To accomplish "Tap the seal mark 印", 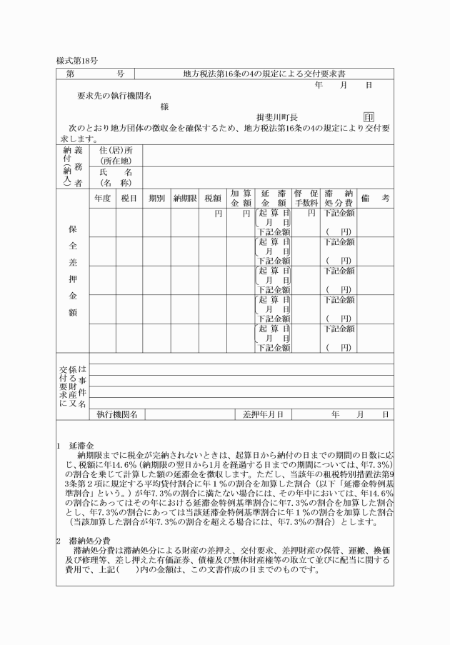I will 369,117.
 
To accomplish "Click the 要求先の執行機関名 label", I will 114,96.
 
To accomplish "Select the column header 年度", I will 101,198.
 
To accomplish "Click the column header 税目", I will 129,198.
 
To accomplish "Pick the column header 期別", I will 156,198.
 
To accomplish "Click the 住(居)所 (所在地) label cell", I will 116,156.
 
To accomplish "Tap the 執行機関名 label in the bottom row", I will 117,414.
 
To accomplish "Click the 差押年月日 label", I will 264,414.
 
